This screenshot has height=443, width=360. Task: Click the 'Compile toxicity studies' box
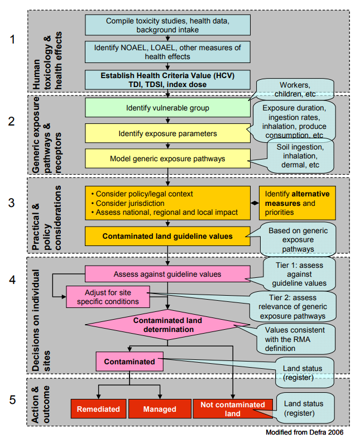pos(167,25)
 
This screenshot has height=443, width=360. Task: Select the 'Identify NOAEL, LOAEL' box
pos(167,51)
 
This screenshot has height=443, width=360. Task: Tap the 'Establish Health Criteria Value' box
pos(167,79)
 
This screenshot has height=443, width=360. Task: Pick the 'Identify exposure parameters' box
pos(167,133)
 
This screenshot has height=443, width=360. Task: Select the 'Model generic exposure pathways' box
pos(167,158)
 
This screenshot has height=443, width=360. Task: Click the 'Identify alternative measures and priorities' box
pos(297,203)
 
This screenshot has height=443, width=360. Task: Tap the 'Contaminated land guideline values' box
pos(167,235)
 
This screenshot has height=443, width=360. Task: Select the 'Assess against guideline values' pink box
pos(167,274)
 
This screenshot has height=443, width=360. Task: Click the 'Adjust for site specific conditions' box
pos(109,297)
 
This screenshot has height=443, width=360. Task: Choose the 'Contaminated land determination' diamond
pos(167,325)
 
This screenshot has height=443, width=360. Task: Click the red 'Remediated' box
pos(98,408)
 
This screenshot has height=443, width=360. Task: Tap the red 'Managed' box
pos(160,408)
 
